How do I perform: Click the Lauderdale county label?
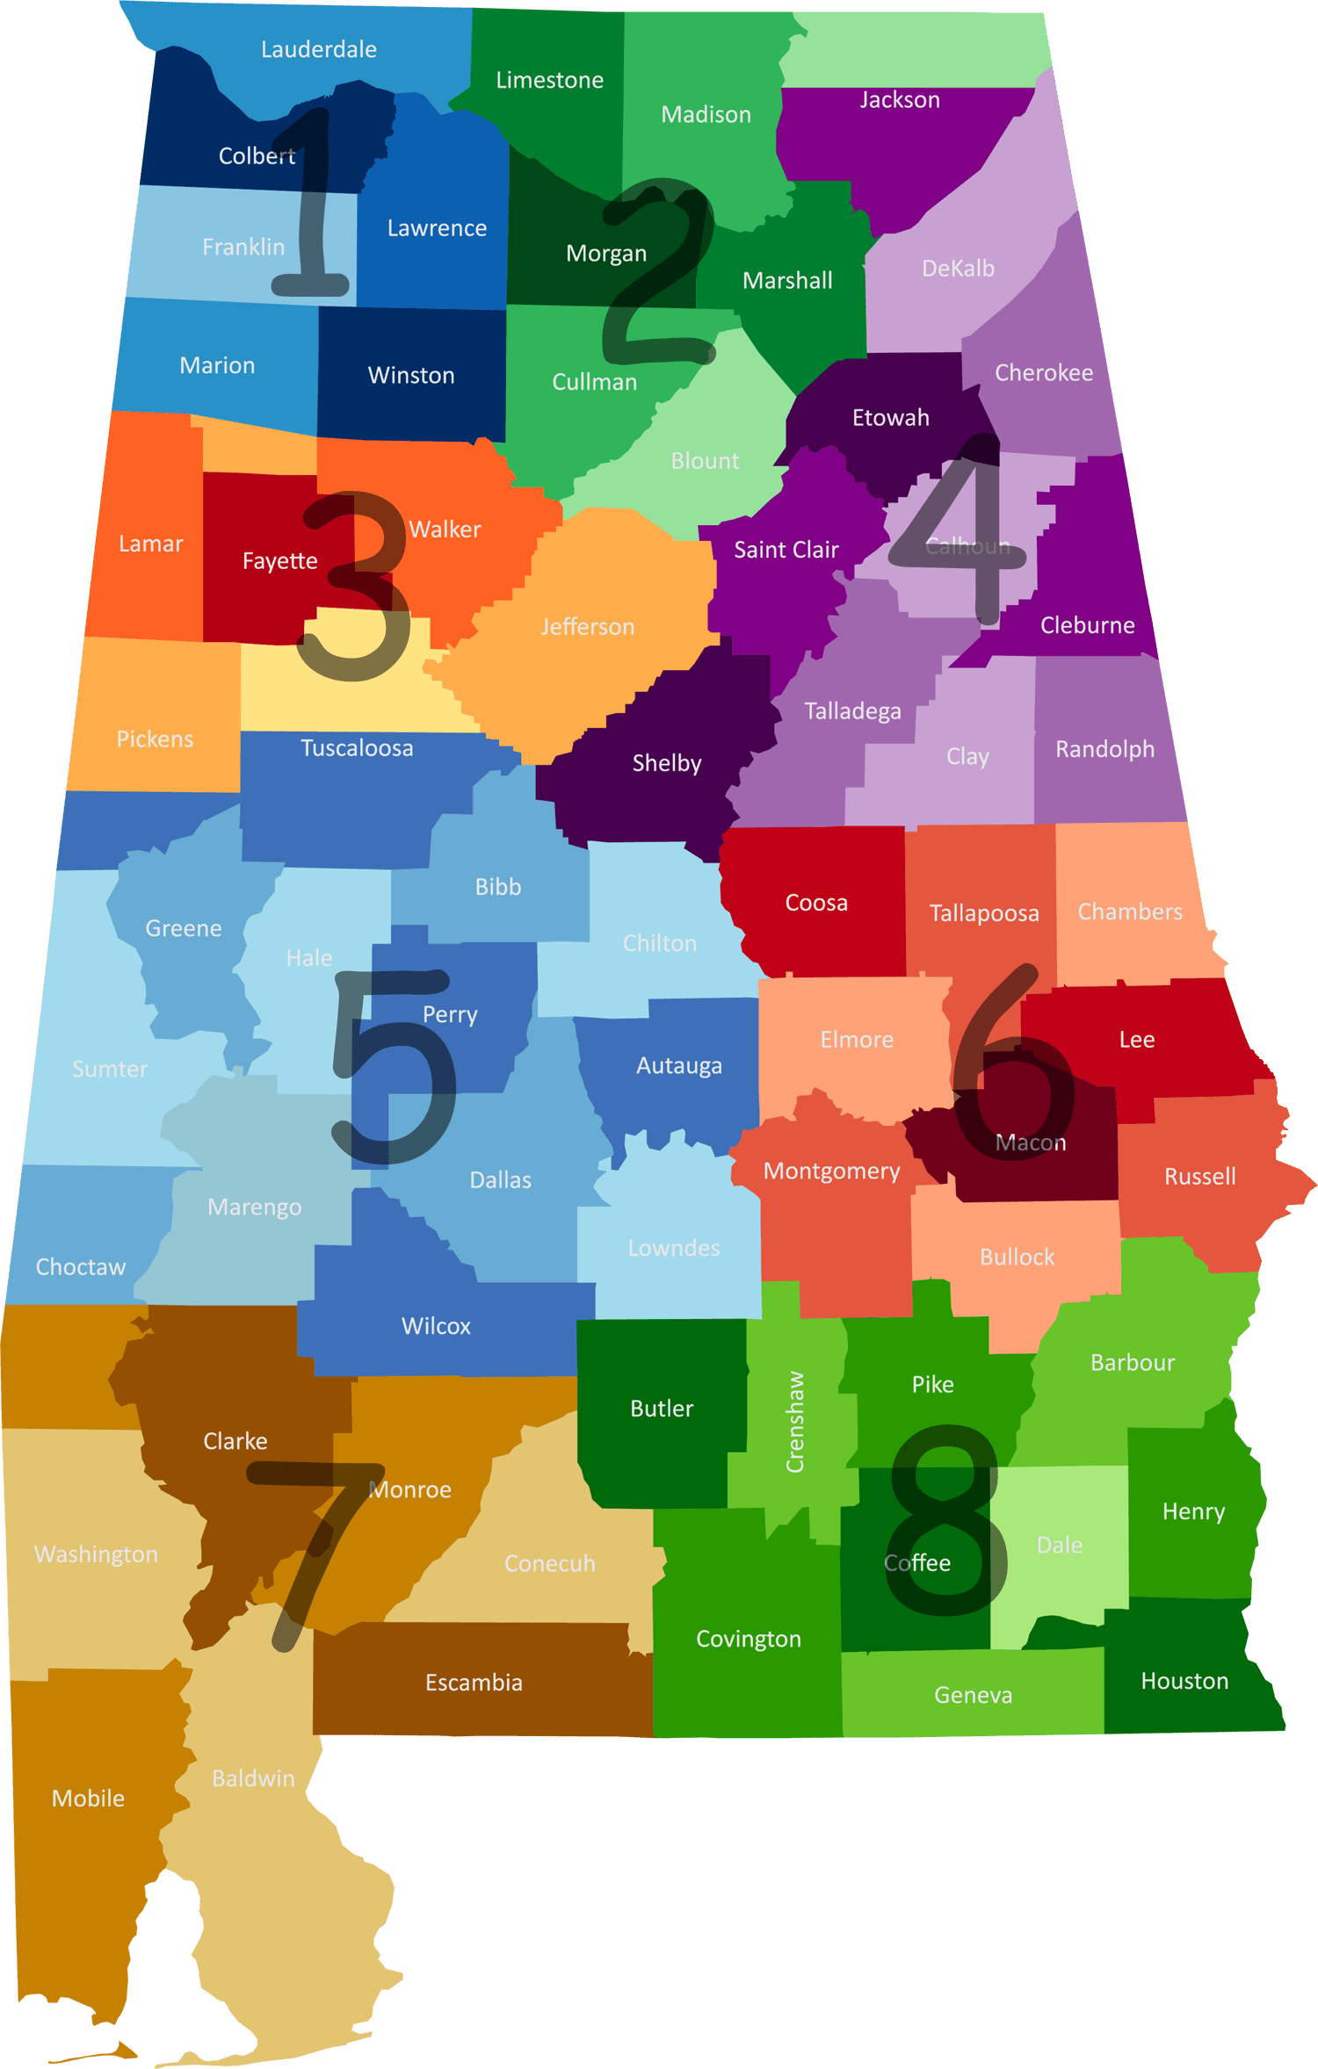(x=319, y=50)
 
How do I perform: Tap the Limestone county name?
(x=549, y=81)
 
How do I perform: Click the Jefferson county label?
(x=587, y=627)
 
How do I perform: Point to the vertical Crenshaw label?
(x=794, y=1421)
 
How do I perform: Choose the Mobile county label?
(x=88, y=1799)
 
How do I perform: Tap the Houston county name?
(x=1184, y=1681)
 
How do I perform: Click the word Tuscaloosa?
(x=357, y=748)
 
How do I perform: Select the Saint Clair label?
(x=786, y=550)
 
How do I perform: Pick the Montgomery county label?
(x=831, y=1171)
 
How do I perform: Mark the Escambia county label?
(x=474, y=1683)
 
